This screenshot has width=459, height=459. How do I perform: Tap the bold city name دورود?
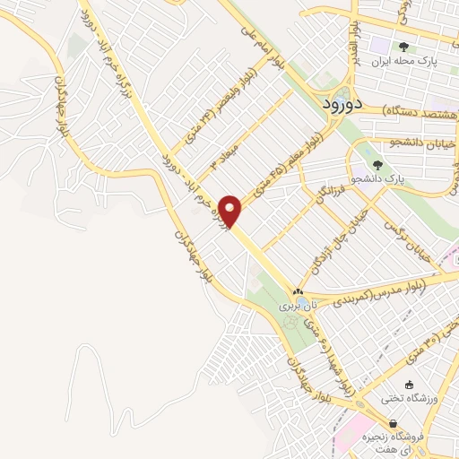340,103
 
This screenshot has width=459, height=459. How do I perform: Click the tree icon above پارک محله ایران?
405,46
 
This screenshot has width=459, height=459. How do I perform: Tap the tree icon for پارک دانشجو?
377,165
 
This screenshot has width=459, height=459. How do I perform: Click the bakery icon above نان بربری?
298,292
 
